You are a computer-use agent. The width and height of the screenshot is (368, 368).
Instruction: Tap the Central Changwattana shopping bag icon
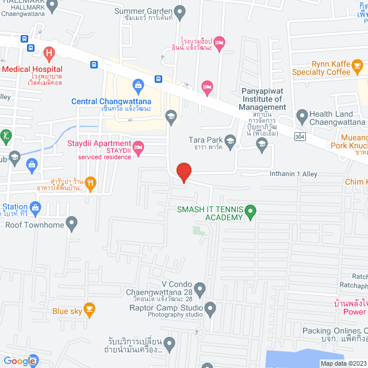[137, 87]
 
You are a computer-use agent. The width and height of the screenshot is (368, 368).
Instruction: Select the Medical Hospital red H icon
[49, 55]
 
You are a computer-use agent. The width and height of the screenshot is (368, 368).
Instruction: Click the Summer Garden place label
[144, 10]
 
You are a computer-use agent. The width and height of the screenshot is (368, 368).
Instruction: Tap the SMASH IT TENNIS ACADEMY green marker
[250, 213]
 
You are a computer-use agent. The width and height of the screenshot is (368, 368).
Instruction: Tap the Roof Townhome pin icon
[71, 223]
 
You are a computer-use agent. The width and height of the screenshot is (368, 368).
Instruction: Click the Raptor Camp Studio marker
[210, 310]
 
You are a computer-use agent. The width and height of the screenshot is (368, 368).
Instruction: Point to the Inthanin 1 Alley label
[294, 174]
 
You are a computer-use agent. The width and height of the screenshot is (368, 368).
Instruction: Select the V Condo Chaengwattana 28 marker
[199, 287]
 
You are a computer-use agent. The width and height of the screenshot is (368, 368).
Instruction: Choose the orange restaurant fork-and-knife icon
[90, 184]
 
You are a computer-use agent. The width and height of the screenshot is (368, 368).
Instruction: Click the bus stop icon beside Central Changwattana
[158, 79]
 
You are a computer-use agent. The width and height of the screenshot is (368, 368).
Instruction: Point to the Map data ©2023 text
[343, 363]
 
